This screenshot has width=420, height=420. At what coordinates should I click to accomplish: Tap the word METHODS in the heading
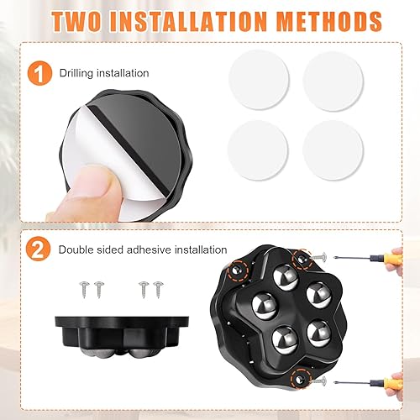(x=329, y=22)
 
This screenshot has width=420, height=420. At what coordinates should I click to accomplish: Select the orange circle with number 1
(x=39, y=73)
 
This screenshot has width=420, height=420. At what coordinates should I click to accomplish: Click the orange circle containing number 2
(x=38, y=249)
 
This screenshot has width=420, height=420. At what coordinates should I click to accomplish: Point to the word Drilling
(x=76, y=73)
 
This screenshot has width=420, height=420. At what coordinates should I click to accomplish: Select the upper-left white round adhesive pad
(x=259, y=80)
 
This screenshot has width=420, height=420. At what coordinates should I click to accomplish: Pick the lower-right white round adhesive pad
(x=333, y=150)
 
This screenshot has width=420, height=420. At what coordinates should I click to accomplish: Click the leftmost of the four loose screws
(x=84, y=290)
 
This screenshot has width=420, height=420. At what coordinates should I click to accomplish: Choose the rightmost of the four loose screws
(x=158, y=290)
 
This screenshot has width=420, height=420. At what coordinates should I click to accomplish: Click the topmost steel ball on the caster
(x=286, y=277)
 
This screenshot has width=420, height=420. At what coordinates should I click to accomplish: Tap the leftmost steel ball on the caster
(x=265, y=306)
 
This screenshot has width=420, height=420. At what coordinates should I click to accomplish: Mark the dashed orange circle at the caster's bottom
(x=301, y=379)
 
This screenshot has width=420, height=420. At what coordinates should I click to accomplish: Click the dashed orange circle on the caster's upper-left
(x=238, y=270)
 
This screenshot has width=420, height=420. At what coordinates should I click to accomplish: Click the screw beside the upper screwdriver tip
(x=319, y=257)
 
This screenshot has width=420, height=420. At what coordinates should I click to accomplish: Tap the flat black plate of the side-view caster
(x=122, y=322)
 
